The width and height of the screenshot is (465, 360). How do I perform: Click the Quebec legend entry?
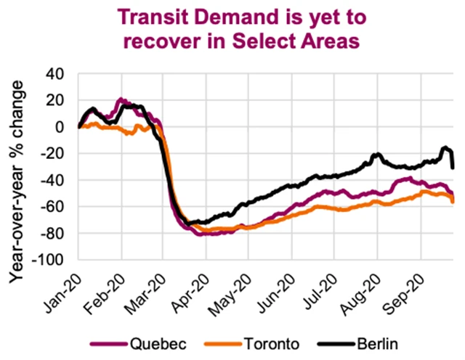tap(148, 342)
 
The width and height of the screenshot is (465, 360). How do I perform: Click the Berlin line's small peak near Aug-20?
tap(376, 155)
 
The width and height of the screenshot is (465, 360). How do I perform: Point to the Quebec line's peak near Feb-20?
tap(121, 99)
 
